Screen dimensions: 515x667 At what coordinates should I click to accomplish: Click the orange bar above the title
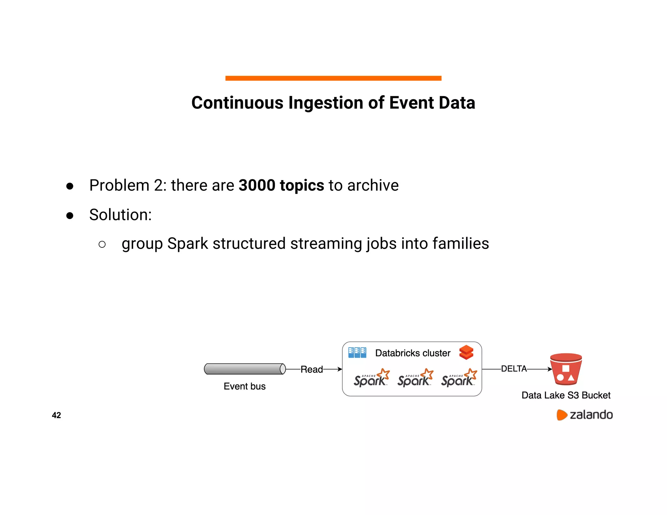pos(333,78)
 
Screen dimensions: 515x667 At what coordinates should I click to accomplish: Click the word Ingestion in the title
pos(326,103)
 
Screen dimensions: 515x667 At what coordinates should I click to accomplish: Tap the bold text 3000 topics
pos(281,185)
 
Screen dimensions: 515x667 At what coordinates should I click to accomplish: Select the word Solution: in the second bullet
pos(121,215)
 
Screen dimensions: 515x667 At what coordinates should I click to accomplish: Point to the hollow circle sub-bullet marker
pos(102,244)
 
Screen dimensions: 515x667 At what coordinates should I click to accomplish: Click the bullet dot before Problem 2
pos(70,186)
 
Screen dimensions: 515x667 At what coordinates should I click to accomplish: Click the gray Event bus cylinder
pos(245,369)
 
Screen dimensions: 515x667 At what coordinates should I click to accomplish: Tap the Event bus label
pos(245,386)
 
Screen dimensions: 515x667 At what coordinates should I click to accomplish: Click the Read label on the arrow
pos(311,369)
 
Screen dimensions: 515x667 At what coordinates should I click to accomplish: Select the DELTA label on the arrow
pos(514,369)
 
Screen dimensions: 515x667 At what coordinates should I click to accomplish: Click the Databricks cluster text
pos(413,353)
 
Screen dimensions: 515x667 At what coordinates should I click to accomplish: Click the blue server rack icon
pos(357,353)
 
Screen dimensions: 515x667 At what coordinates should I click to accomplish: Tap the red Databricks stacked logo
pos(466,353)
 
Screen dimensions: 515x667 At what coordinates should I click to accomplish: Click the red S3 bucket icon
pos(566,369)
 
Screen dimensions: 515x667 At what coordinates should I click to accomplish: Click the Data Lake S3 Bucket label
pos(566,395)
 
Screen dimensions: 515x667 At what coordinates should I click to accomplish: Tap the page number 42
pos(56,415)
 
